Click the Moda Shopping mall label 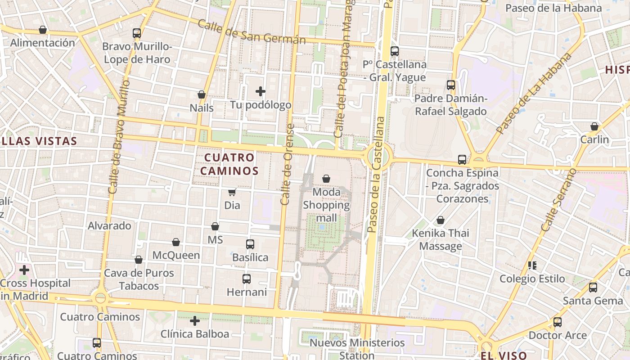coord(326,205)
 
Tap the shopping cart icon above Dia coord(232,193)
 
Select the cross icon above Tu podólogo coord(260,92)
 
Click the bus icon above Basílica coord(250,244)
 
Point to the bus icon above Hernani coord(247,279)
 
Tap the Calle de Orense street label coord(287,164)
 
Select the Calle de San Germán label coord(252,32)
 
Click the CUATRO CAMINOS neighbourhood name coord(229,164)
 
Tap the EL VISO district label coord(504,355)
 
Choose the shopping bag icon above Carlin coord(594,126)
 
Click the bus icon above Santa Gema coord(593,287)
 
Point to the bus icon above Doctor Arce coord(558,322)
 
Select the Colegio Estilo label coord(532,279)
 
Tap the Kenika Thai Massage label coord(441,239)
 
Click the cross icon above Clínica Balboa coord(195,321)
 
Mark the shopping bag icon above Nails coord(202,95)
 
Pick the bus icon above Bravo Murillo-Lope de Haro coord(137,33)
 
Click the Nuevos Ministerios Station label coord(357,349)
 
